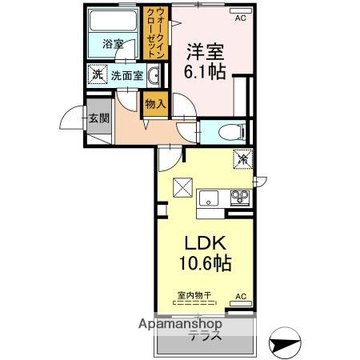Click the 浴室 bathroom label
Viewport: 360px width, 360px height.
coord(112,45)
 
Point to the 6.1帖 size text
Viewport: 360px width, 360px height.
coord(206,71)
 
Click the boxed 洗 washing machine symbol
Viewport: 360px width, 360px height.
coord(98,75)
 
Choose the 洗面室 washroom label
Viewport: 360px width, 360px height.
coord(126,76)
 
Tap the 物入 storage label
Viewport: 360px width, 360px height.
coord(154,103)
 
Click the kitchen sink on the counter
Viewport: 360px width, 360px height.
coord(210,198)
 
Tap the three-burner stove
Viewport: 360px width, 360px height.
coord(240,197)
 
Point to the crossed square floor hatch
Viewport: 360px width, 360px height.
coord(182,186)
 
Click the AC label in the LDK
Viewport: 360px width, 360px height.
coord(240,296)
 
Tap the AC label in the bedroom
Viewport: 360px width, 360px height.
coord(240,14)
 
